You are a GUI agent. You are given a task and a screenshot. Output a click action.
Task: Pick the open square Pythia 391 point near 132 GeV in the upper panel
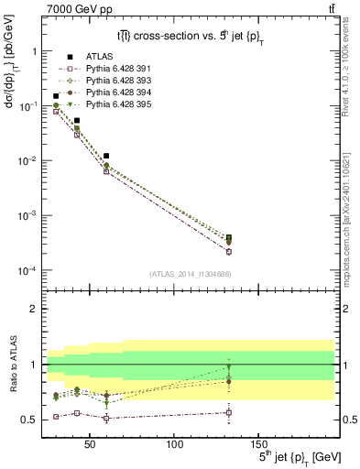228,251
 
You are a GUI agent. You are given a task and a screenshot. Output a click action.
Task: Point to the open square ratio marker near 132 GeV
228,412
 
